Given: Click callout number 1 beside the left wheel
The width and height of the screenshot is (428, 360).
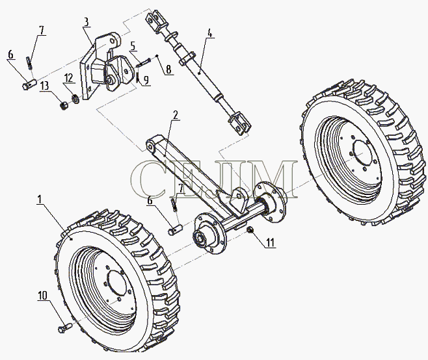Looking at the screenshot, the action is (x=40, y=199).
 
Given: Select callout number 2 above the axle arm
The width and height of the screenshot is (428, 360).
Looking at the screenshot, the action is (x=175, y=116).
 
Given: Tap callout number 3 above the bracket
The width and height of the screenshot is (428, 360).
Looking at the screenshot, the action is (x=87, y=22).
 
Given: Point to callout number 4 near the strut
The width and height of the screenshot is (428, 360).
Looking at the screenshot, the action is (x=209, y=33).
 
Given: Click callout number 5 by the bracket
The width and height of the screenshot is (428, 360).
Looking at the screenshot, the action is (x=133, y=46).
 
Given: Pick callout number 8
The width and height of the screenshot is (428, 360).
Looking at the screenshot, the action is (x=168, y=70).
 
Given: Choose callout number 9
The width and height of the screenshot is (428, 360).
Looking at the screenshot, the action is (x=146, y=80).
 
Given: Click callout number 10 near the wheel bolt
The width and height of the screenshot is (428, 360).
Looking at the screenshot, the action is (x=42, y=295).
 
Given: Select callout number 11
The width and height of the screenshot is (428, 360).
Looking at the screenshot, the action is (x=270, y=242).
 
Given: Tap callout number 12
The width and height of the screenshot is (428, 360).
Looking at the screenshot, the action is (x=68, y=78).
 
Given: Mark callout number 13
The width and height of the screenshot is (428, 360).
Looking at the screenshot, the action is (x=44, y=86).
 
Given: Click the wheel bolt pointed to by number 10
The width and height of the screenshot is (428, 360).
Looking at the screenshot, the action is (x=64, y=328).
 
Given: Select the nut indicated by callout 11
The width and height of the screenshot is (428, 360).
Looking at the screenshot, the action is (x=249, y=231).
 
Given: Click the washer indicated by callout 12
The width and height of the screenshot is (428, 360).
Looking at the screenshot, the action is (x=75, y=99).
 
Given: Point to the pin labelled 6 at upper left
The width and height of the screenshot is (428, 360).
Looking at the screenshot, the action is (x=29, y=83).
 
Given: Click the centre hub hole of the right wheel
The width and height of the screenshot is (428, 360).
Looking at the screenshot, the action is (x=365, y=157).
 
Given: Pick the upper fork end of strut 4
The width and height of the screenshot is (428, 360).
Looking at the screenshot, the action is (x=154, y=21).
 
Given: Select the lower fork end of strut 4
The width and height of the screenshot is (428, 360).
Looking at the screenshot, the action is (x=240, y=123).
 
